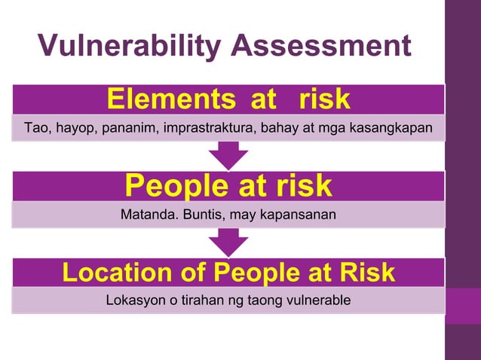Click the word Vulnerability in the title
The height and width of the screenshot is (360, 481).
pos(130,47)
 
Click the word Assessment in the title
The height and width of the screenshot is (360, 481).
pos(321,47)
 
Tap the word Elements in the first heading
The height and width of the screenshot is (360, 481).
pos(160,99)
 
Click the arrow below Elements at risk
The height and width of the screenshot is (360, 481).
pos(228,156)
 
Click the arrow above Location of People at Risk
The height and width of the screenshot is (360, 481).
pos(228,243)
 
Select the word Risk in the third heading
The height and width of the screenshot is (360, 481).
pos(367,273)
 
